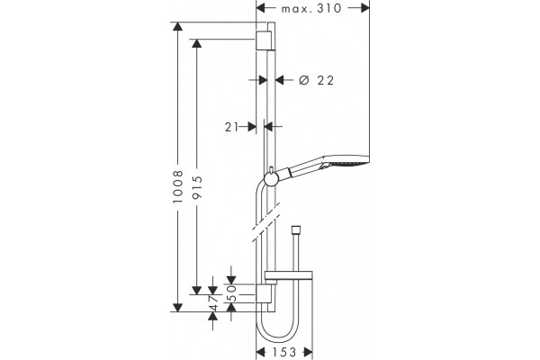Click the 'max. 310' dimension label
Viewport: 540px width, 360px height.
click(311, 8)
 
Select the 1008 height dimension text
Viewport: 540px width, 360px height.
click(178, 187)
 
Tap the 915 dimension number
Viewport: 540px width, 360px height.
click(197, 188)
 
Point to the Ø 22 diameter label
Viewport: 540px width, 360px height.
click(316, 80)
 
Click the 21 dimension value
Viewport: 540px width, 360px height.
click(231, 127)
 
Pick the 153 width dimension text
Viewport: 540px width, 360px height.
click(284, 352)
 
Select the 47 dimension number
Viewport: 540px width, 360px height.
click(213, 302)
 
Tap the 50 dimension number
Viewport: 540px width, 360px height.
click(233, 292)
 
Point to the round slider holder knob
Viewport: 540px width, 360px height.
click(270, 179)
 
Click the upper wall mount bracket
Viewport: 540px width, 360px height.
click(263, 40)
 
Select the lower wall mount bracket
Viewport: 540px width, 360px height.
click(263, 294)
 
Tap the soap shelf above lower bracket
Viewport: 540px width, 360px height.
click(288, 275)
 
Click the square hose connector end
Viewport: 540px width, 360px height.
click(295, 230)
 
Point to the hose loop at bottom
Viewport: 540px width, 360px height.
click(277, 329)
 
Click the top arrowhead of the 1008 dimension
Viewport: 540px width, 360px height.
click(177, 26)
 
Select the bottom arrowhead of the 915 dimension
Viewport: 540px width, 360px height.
click(196, 290)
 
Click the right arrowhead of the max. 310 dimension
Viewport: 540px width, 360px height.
click(364, 8)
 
